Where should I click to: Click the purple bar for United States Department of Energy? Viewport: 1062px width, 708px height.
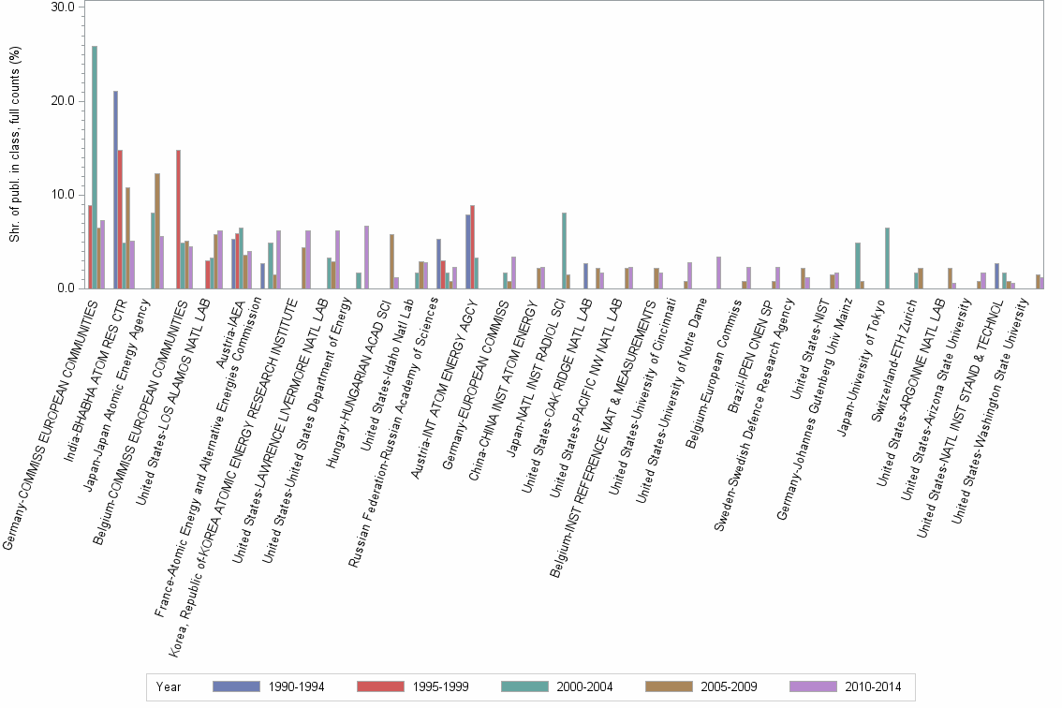tap(366, 257)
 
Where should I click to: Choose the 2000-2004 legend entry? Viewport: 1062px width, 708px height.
tap(582, 686)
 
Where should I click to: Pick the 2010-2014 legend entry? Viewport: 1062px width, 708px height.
tap(871, 686)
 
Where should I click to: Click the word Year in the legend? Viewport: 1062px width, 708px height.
tap(169, 686)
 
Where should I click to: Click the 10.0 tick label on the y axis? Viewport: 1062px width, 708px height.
tap(64, 195)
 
